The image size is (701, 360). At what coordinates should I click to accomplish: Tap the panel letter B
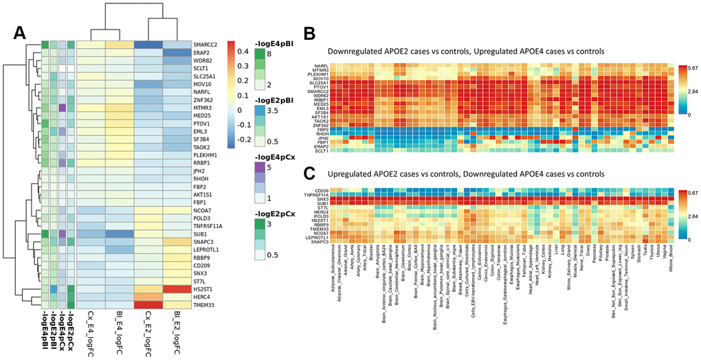[x=309, y=33]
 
